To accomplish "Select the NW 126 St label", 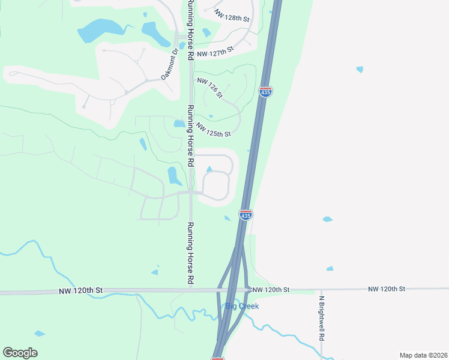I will click(209, 88).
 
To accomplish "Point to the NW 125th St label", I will click(213, 129).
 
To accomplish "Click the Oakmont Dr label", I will click(170, 64).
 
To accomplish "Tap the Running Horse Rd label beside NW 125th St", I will click(190, 136).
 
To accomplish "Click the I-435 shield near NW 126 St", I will click(265, 92).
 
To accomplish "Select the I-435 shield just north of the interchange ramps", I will click(246, 215).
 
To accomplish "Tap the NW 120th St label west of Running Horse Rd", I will click(81, 290).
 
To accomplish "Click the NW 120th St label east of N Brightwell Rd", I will click(387, 289).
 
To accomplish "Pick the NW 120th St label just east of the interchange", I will click(271, 290).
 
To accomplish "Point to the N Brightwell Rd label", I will click(322, 319).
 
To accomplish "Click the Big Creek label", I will click(242, 306).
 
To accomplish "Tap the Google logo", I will click(20, 353).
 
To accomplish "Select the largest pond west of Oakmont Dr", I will click(99, 30).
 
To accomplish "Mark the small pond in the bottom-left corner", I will click(40, 333).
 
